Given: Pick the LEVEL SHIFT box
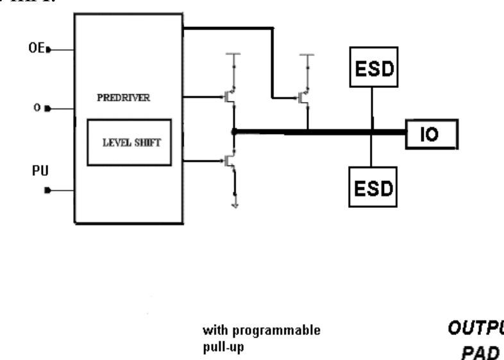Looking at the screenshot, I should (x=130, y=142).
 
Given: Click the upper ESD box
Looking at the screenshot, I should (x=373, y=67).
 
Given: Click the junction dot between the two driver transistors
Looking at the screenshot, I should (x=234, y=132).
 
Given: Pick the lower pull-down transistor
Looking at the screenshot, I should (x=229, y=161).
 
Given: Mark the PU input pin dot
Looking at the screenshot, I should (x=49, y=191).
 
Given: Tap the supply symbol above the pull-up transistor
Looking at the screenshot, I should (x=308, y=56).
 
